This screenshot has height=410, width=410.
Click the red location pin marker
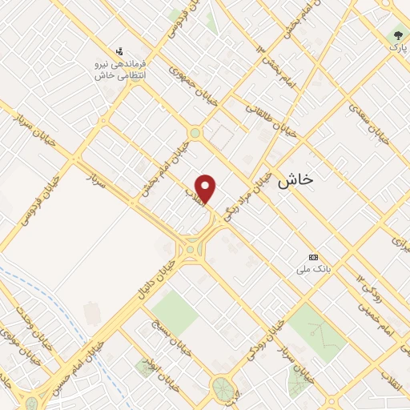pos(207,188)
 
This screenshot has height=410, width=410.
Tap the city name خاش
pos(295,182)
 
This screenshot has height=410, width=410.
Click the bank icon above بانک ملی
pos(313,257)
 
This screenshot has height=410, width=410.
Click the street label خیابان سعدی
pos(371,121)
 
